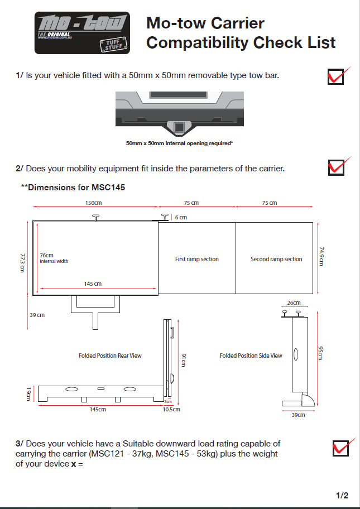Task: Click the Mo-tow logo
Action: pyautogui.click(x=82, y=33)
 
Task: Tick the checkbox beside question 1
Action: pyautogui.click(x=335, y=76)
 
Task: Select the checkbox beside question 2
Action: pyautogui.click(x=335, y=167)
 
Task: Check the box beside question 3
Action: pyautogui.click(x=339, y=448)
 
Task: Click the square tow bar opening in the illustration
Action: pyautogui.click(x=180, y=128)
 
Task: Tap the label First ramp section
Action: pyautogui.click(x=196, y=259)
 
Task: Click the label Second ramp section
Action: pyautogui.click(x=276, y=259)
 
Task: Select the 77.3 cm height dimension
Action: pyautogui.click(x=22, y=262)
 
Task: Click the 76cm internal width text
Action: pyautogui.click(x=54, y=258)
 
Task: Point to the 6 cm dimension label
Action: pyautogui.click(x=180, y=217)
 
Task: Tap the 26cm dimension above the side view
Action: pyautogui.click(x=294, y=303)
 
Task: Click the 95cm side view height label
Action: pyautogui.click(x=320, y=353)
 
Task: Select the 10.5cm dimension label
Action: pyautogui.click(x=171, y=409)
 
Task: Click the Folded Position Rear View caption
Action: pyautogui.click(x=110, y=356)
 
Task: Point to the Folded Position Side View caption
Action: pyautogui.click(x=251, y=356)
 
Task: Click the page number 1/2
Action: pyautogui.click(x=342, y=495)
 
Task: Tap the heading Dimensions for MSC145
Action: pyautogui.click(x=73, y=188)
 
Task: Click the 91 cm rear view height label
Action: pyautogui.click(x=183, y=361)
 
